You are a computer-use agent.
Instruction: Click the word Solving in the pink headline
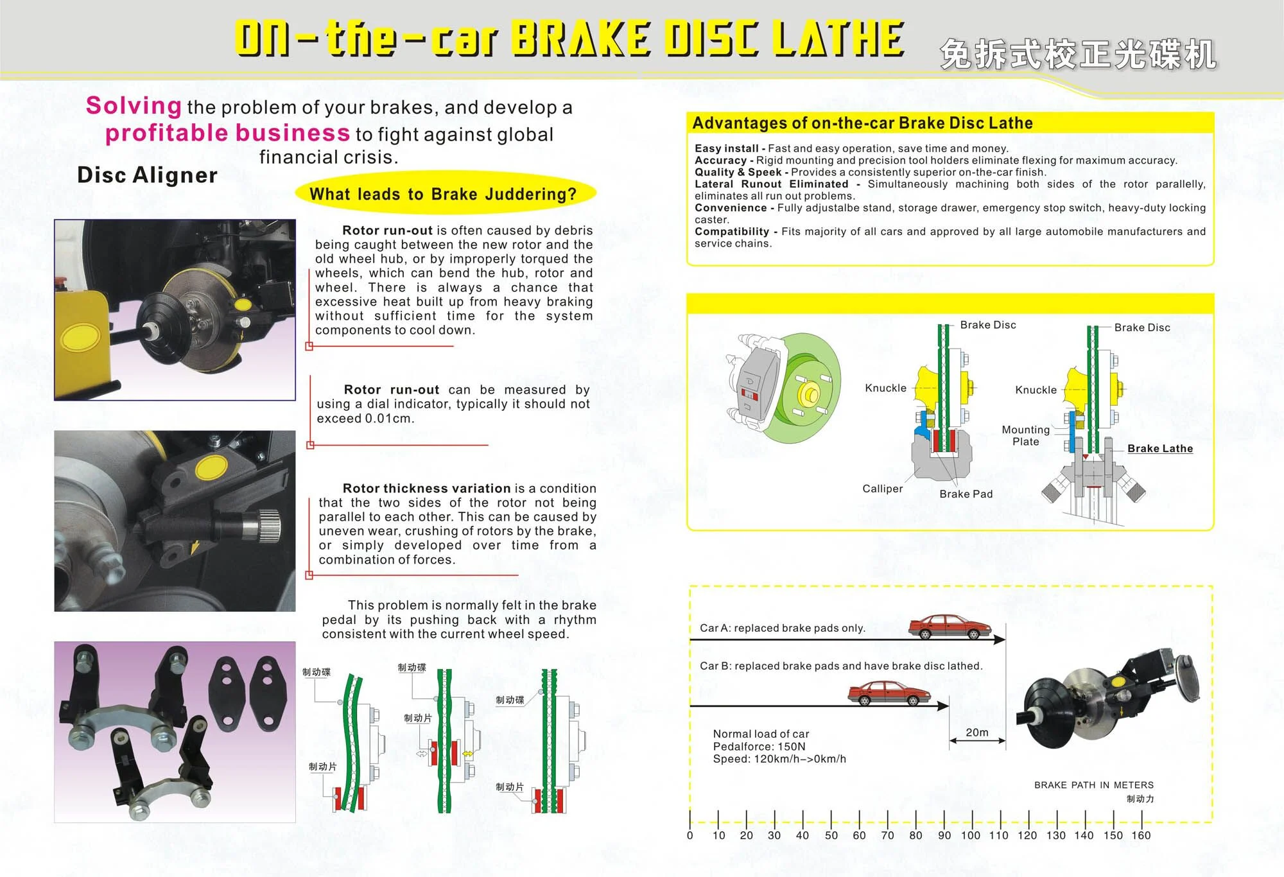click(134, 105)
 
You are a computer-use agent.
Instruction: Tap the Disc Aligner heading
click(147, 175)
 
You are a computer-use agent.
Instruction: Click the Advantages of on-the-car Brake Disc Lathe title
click(862, 123)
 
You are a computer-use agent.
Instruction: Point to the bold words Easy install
click(726, 148)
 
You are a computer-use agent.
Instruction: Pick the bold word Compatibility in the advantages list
click(731, 231)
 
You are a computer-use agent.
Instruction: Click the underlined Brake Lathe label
click(1160, 448)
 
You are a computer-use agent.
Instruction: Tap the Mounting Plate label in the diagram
click(1025, 435)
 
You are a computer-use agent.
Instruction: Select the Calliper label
click(882, 489)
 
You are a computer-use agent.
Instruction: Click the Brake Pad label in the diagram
click(966, 494)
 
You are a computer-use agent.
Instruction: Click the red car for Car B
click(889, 693)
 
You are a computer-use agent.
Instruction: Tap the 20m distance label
click(977, 733)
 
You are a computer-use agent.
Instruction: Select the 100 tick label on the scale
click(970, 835)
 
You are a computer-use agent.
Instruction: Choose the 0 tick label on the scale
click(690, 835)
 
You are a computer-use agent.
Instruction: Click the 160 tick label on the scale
click(1141, 835)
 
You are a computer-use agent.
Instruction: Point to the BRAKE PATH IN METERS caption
click(1093, 785)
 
